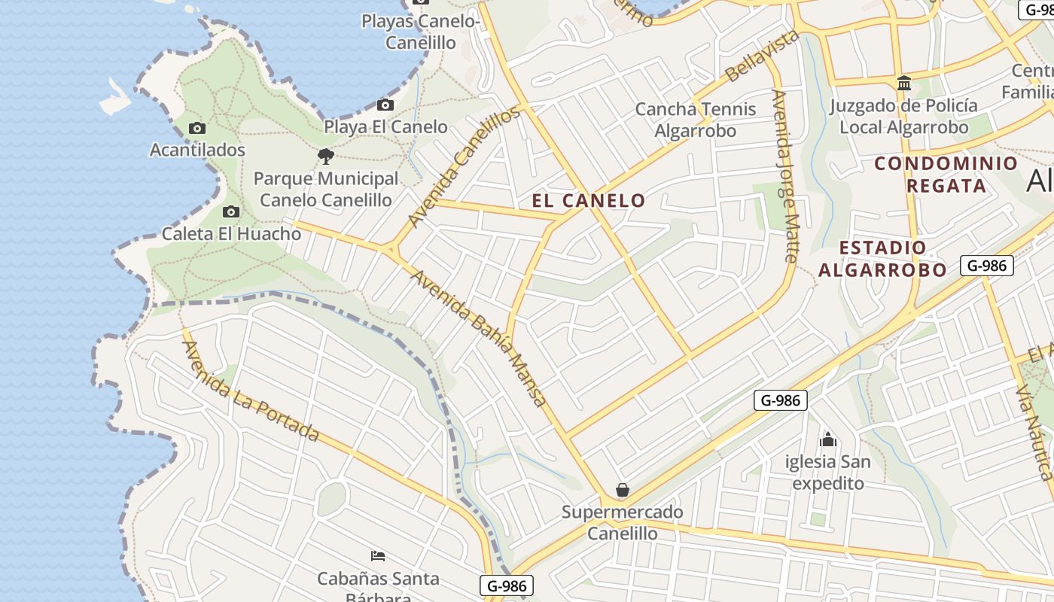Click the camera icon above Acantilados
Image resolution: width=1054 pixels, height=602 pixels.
pyautogui.click(x=197, y=128)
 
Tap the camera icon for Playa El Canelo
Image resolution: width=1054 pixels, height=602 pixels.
pyautogui.click(x=385, y=105)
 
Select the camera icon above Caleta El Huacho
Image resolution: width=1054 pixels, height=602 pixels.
pyautogui.click(x=231, y=211)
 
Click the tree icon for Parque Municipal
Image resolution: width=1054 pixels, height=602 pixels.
pyautogui.click(x=326, y=157)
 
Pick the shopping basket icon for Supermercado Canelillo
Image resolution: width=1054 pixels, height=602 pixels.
pyautogui.click(x=623, y=491)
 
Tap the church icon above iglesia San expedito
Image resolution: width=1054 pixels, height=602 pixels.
pyautogui.click(x=828, y=439)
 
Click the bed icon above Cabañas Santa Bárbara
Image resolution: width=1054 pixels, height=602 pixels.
pyautogui.click(x=378, y=556)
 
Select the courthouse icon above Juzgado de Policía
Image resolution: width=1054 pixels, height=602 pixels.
pyautogui.click(x=904, y=83)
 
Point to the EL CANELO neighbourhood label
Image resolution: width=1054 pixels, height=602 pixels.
pyautogui.click(x=589, y=200)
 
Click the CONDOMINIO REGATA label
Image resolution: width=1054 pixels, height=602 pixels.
pyautogui.click(x=946, y=175)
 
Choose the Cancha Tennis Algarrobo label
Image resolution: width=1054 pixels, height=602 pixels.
pyautogui.click(x=695, y=120)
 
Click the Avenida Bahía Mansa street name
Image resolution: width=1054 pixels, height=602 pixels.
pyautogui.click(x=479, y=338)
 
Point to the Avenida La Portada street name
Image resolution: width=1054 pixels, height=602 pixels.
pyautogui.click(x=251, y=391)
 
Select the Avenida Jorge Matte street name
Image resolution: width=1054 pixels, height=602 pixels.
pyautogui.click(x=784, y=176)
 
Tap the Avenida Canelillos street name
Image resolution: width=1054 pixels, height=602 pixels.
pyautogui.click(x=464, y=166)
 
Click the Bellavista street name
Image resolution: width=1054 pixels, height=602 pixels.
pyautogui.click(x=762, y=56)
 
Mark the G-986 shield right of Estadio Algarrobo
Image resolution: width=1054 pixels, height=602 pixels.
pyautogui.click(x=986, y=266)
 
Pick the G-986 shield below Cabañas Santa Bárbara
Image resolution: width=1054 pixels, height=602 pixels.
pyautogui.click(x=506, y=586)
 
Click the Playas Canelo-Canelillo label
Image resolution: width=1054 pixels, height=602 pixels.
pyautogui.click(x=421, y=32)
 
